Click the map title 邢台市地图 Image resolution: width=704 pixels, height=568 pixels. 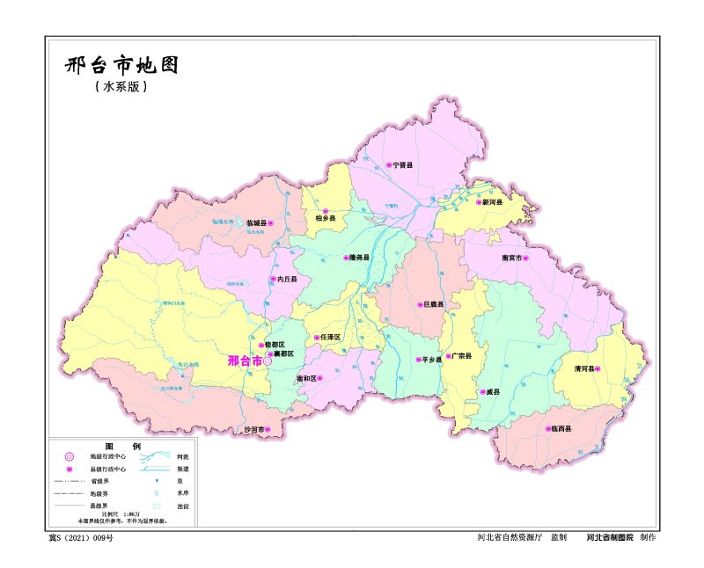(121, 66)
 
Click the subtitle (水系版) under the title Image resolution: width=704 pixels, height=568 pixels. (121, 87)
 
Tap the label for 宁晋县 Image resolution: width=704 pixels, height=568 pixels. (403, 164)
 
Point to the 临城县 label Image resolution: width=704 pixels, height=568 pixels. (256, 224)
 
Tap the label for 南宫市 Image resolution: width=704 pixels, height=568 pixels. (512, 259)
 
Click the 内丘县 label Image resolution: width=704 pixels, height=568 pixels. (287, 280)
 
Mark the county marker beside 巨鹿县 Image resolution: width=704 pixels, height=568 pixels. (419, 305)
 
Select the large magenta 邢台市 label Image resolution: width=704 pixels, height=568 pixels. (244, 360)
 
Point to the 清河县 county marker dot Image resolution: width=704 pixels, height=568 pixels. (598, 369)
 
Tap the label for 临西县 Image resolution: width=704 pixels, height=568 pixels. (561, 429)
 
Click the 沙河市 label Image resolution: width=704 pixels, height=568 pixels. (256, 430)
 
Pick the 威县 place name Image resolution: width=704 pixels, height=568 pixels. (493, 392)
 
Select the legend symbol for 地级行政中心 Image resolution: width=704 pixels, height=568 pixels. (68, 457)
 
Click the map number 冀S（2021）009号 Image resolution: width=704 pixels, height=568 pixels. (81, 537)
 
